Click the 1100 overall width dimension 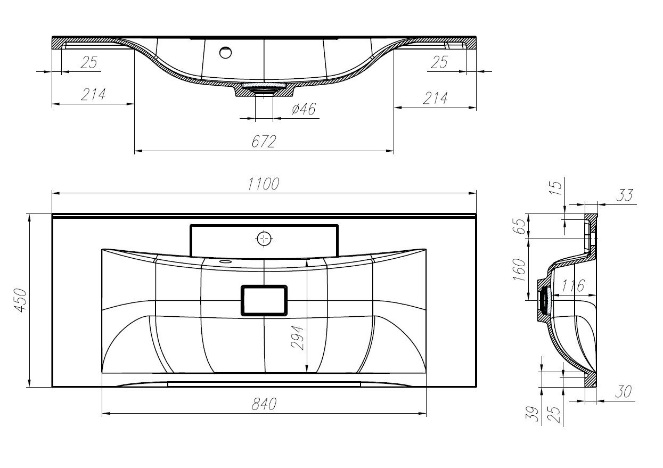(x=264, y=184)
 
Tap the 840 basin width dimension (x=264, y=405)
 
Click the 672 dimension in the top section (x=264, y=142)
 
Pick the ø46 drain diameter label (x=304, y=110)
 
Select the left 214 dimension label (x=93, y=95)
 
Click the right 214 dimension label (x=434, y=98)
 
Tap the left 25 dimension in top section (x=89, y=62)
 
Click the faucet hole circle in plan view (x=264, y=239)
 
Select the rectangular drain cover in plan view (x=264, y=300)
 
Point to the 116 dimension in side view (x=573, y=286)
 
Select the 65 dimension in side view (x=520, y=227)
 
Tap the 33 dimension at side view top (x=625, y=195)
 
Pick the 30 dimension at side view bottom (x=623, y=392)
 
